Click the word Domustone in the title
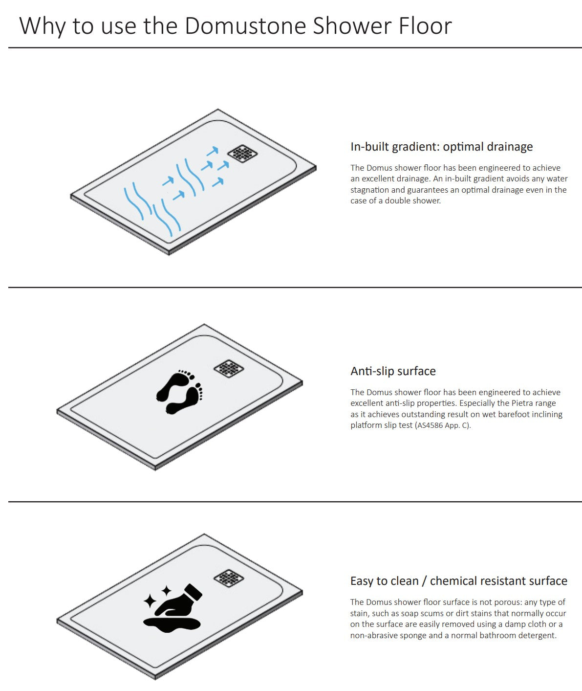246,25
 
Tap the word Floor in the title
425,25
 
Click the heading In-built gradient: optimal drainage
441,147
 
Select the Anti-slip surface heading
393,371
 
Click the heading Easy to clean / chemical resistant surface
459,581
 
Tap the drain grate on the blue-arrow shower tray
242,153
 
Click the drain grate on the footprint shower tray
229,368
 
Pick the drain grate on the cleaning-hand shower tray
229,578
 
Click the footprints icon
179,392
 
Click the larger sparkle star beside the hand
150,601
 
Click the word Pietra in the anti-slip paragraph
521,403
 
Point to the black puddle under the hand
172,624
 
